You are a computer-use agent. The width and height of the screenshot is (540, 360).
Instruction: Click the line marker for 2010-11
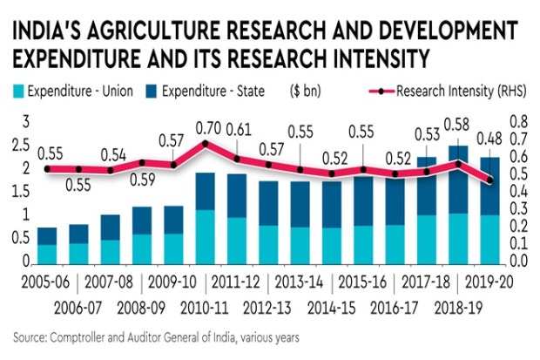[205, 144]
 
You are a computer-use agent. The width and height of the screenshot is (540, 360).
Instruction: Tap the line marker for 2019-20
[491, 180]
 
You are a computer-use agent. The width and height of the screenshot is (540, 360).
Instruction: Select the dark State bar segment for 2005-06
[47, 236]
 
